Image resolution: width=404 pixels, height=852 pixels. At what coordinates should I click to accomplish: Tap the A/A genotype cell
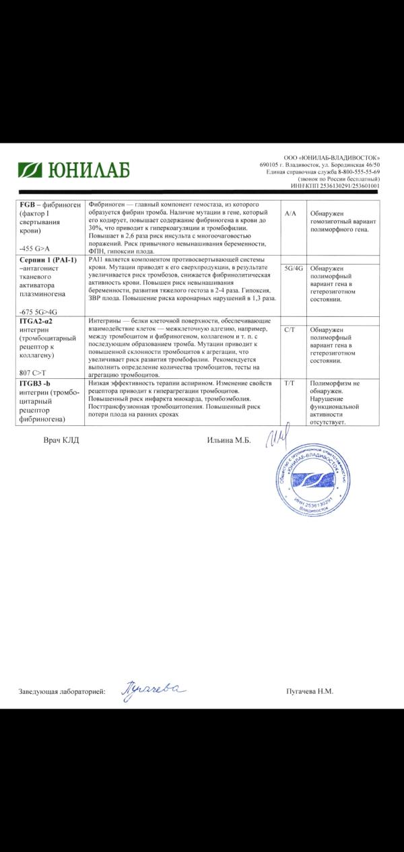tap(291, 213)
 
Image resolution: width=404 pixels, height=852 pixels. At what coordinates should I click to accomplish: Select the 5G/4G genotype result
tap(294, 268)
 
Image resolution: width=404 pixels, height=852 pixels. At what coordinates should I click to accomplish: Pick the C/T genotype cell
tap(291, 330)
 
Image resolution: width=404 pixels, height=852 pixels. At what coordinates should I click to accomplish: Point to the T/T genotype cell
tap(291, 382)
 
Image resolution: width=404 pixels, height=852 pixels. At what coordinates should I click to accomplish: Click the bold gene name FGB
tap(28, 205)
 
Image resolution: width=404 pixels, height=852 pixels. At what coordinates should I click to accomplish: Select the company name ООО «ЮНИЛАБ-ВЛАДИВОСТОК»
tap(332, 157)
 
